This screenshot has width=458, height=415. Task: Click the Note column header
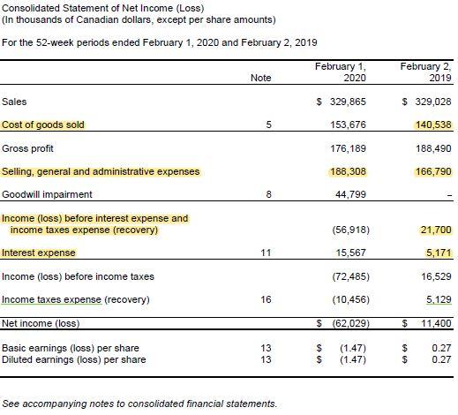(260, 78)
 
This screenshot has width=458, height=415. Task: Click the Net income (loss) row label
(41, 323)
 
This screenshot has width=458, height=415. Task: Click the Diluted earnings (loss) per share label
(74, 360)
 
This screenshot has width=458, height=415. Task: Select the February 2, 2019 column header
(425, 72)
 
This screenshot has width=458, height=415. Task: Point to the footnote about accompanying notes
(139, 404)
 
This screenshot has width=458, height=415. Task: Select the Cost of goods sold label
(44, 124)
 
